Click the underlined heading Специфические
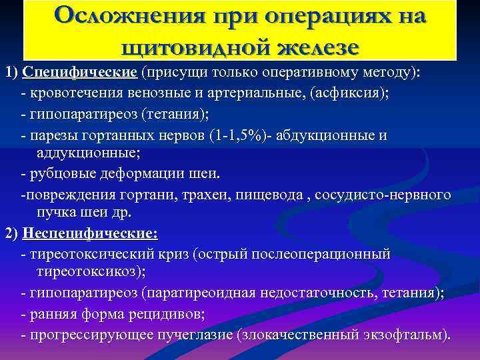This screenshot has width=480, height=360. (x=79, y=73)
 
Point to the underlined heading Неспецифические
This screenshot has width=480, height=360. (x=90, y=234)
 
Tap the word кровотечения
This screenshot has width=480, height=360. (x=71, y=94)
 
